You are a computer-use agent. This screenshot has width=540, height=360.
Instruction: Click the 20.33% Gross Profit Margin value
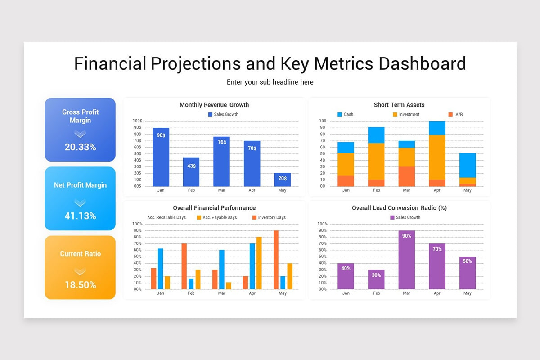coord(80,147)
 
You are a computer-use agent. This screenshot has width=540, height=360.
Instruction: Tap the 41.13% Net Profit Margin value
coord(80,216)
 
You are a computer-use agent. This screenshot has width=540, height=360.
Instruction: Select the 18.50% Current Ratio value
coord(80,284)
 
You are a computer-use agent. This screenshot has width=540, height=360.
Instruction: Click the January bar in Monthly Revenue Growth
coord(161,157)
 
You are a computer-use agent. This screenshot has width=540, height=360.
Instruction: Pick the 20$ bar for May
coord(282,180)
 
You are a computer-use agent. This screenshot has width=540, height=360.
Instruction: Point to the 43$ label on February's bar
coord(191,166)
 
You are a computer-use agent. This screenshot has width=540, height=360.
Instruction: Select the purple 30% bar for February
coord(376,279)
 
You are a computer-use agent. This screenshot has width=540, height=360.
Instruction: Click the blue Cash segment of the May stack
coord(468,165)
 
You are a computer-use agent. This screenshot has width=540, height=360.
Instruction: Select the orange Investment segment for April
coord(437,157)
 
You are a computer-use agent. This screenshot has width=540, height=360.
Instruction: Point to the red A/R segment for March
coord(406,176)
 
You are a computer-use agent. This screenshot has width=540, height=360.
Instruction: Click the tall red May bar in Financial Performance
coord(276,260)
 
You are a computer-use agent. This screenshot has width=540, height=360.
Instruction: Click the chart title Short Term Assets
coord(399,105)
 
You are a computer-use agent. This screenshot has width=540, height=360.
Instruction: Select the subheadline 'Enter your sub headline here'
coord(270,82)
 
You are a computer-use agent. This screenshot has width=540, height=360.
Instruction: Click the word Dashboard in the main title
coord(422,63)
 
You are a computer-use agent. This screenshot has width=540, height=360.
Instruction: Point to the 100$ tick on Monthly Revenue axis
coord(137,121)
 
